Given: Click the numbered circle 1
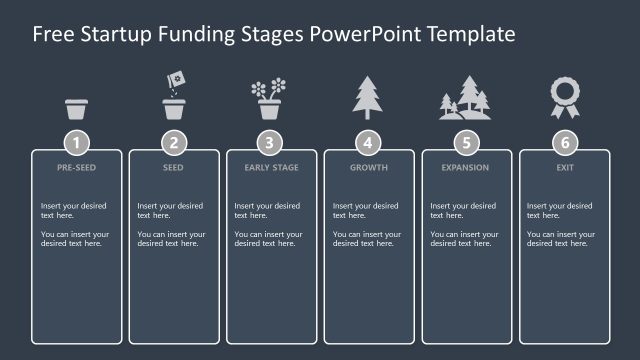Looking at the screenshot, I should coord(76,142).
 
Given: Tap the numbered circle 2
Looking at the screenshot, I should coord(174,142).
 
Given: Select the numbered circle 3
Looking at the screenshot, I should coord(271,142).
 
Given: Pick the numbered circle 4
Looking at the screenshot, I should coord(369,142).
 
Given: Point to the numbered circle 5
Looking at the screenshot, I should coord(467,142).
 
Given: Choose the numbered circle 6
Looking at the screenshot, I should coord(565,142).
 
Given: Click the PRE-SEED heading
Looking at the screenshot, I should coord(76,168).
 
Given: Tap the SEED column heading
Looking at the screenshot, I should coord(174,168).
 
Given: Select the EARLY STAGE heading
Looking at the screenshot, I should coord(271,168).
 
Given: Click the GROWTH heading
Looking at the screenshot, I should coord(369,168).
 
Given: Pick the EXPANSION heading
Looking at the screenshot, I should coord(467,168).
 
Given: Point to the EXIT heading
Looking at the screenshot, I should coord(565,168).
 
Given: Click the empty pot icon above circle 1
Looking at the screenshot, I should coord(76,108).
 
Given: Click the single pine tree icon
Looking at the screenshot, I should coord(368,98).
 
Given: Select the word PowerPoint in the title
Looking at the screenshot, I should coord(368,34).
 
